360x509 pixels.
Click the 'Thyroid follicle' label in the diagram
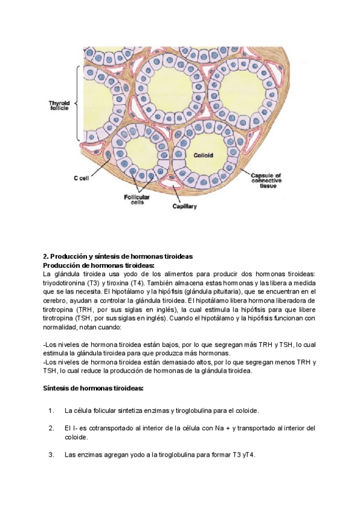(59, 106)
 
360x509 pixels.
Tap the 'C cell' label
(81, 178)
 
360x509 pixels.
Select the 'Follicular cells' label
(137, 200)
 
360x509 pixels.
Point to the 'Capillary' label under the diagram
(185, 206)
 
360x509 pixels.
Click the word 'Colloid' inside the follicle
(203, 155)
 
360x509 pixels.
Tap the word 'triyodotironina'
(65, 282)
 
